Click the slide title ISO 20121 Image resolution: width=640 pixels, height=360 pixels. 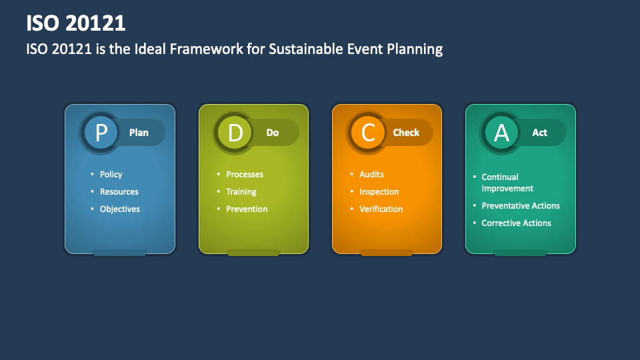point(76,23)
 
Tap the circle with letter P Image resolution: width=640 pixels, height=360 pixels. point(101,133)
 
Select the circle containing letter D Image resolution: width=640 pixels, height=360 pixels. point(235,133)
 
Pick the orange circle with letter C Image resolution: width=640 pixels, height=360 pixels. point(368,133)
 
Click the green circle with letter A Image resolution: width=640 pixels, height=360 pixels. point(501,133)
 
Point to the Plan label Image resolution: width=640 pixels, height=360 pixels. point(139,133)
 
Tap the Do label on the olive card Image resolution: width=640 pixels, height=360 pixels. point(273,133)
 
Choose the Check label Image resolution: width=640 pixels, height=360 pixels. point(406,133)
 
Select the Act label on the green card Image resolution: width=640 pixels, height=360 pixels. point(539,133)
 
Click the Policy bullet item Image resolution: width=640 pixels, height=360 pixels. point(111,175)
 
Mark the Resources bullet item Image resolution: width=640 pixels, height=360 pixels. point(119,192)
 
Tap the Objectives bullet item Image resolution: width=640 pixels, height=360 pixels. point(119,209)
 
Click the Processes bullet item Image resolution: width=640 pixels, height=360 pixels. point(245,175)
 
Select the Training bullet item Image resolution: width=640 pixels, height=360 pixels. point(241,192)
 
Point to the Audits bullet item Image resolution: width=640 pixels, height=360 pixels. point(371,175)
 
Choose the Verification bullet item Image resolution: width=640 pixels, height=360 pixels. point(381,209)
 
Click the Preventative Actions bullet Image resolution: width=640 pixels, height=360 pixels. point(521,206)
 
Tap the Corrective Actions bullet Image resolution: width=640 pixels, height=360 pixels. point(516,223)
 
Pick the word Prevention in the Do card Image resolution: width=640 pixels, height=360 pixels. point(247,209)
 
